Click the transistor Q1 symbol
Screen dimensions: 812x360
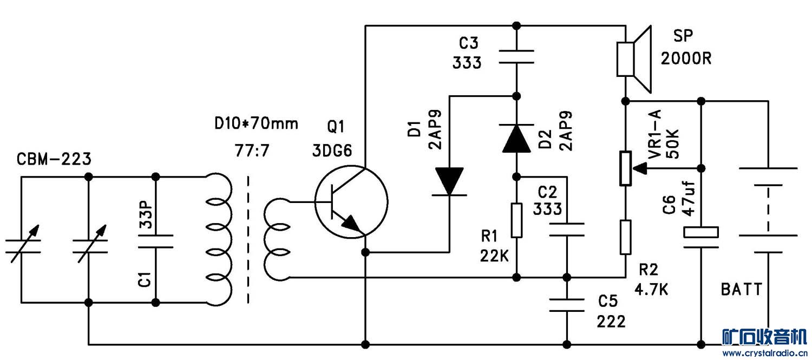pos(351,202)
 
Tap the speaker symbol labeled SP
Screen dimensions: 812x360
pos(634,59)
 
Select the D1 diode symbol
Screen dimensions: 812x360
pos(449,182)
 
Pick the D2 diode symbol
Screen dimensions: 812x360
pos(516,138)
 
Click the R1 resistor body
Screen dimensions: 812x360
pos(516,220)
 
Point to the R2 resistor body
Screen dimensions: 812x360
pos(625,237)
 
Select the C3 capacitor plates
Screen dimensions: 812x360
pos(516,57)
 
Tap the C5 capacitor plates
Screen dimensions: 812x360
pos(567,305)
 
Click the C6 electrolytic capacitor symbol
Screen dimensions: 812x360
pos(701,237)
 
